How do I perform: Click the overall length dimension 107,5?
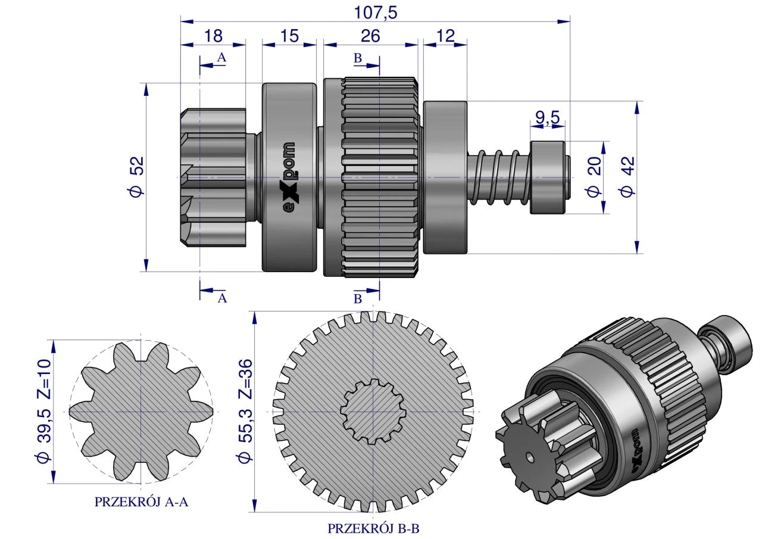coord(376,13)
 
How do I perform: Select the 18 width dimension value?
coord(213,36)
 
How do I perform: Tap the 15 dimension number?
coord(289,36)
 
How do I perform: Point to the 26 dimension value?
coord(370,36)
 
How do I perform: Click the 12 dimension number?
coord(445,36)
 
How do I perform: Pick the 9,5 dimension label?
coord(548,118)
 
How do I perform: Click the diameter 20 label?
coord(594,177)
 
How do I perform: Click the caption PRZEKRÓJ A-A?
coord(141,502)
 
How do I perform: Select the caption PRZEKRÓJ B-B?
coord(373,529)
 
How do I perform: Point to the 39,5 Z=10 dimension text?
coord(43,411)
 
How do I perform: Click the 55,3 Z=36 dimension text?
coord(246,411)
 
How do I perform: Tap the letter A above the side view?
coord(221,58)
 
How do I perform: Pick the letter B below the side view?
coord(358,299)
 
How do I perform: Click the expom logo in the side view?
coord(289,177)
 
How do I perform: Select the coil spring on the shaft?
coord(499,177)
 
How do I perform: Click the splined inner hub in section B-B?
coord(373,412)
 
